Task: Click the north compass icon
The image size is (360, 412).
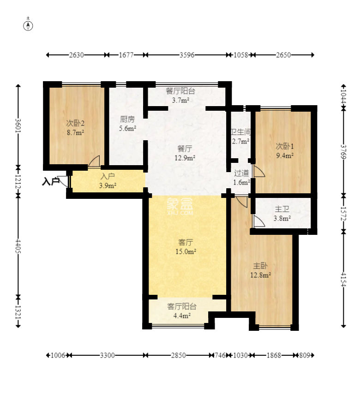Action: point(28,25)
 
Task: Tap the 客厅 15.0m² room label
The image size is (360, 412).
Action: point(186,247)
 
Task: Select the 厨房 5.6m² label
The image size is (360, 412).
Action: point(127,124)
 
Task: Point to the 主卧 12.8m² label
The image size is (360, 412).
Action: point(260,270)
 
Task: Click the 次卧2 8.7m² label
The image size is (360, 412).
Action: point(75,128)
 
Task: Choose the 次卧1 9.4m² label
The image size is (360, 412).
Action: point(285,150)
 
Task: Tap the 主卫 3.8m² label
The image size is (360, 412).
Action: point(282,214)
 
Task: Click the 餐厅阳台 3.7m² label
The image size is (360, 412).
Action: point(180,96)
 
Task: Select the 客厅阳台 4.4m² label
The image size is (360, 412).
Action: point(181,311)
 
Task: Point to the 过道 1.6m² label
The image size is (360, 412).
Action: point(241,177)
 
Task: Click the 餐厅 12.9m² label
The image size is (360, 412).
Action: point(185,153)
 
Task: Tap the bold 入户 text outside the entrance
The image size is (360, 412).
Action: point(50,181)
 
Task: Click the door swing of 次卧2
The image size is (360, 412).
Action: point(94,161)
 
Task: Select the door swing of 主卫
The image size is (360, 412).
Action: point(259,221)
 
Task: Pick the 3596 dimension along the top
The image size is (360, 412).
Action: point(187,55)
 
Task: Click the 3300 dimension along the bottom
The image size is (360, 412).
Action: point(107,356)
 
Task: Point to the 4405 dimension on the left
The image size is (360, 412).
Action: point(18,246)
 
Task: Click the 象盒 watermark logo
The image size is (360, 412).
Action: point(180,207)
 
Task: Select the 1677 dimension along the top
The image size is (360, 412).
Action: point(126,55)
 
